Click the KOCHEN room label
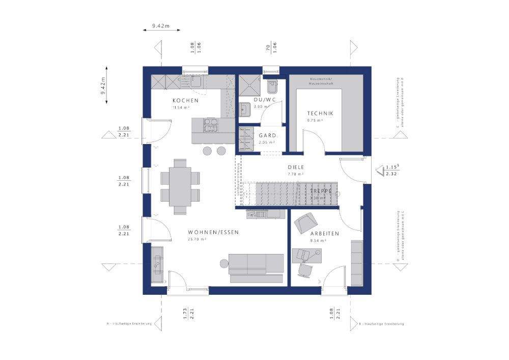(185, 100)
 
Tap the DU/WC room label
(264, 100)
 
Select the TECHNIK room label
(320, 114)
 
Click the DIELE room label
(296, 167)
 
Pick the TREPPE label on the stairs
(321, 191)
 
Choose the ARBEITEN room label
(324, 234)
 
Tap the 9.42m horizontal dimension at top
(160, 24)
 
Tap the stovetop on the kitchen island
(211, 125)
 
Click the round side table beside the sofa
(224, 262)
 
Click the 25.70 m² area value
(196, 239)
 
